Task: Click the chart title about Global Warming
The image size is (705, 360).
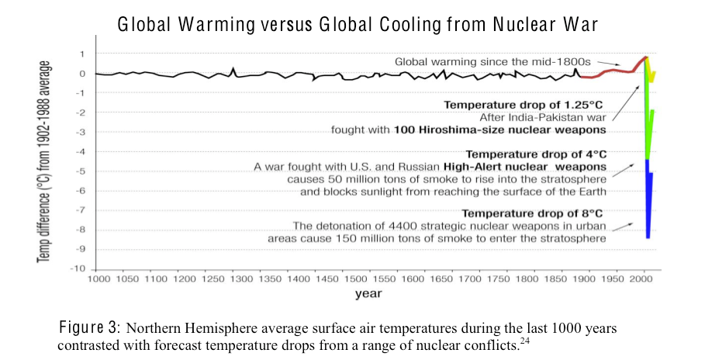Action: point(357,25)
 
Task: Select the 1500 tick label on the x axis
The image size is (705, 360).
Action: point(355,278)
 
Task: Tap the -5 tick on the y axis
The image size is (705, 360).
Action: point(81,171)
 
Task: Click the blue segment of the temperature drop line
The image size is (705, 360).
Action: point(648,202)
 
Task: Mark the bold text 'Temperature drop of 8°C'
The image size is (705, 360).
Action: point(534,213)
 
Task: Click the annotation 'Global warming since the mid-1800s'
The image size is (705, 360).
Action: point(504,61)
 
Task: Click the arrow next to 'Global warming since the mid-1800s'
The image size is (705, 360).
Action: point(630,64)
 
